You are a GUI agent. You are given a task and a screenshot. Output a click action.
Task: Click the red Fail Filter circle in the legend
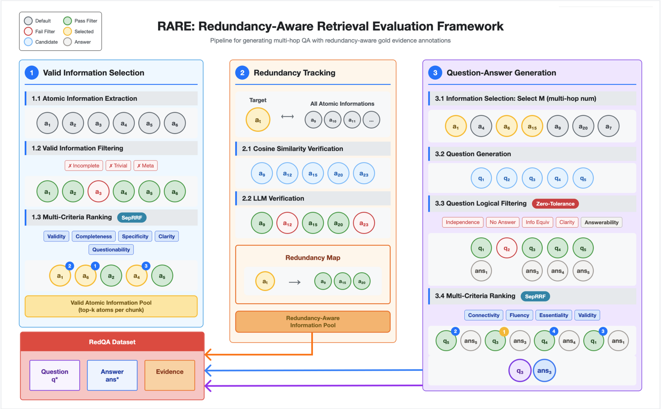coord(28,31)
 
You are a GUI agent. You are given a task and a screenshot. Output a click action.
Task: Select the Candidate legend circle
coord(28,42)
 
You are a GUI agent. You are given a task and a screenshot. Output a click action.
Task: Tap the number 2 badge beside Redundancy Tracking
coord(242,73)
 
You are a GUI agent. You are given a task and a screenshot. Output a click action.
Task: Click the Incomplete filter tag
coord(84,166)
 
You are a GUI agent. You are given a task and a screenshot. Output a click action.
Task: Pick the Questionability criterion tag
coord(111,250)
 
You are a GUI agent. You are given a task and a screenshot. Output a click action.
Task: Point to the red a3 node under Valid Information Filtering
coord(98,192)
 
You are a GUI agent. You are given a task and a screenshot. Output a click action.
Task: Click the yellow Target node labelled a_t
coord(258,120)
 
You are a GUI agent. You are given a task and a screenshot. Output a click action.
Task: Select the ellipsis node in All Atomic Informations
coord(371,120)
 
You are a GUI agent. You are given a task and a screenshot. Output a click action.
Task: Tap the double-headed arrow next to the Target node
coord(288,117)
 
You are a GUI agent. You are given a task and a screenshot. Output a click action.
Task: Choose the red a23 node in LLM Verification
coord(364,223)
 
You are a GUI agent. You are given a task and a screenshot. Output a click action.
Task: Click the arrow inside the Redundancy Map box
coord(295,282)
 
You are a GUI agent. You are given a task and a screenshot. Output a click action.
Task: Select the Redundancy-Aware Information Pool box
coord(313,322)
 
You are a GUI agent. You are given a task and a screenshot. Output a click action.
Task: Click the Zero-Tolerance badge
coord(555,204)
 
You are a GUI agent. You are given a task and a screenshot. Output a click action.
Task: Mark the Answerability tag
coord(601,222)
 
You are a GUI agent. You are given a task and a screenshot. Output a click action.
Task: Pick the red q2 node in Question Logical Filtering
coord(507,248)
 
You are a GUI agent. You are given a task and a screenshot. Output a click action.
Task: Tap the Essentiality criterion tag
coord(554,315)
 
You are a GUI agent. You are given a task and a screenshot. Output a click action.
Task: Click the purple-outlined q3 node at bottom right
coord(520,371)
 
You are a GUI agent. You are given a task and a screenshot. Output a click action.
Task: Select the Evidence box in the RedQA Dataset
coord(170,375)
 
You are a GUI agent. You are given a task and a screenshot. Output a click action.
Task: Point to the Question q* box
coord(55,375)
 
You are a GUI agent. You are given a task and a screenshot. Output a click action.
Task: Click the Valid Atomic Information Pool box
coord(111,306)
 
